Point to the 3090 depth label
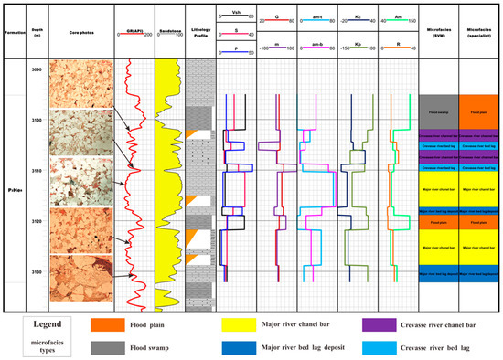(x=36, y=70)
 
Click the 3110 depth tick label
(x=36, y=171)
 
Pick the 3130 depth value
(x=36, y=272)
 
